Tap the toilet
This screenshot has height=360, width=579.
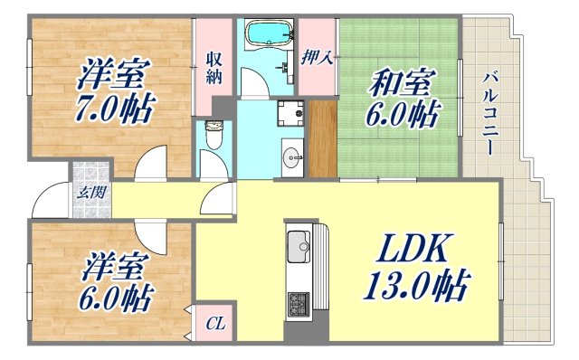214,135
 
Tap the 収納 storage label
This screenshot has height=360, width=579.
214,67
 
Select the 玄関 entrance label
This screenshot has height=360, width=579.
88,192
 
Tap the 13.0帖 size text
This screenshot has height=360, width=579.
416,287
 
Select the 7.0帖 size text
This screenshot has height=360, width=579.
113,109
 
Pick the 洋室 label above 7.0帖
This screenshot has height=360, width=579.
112,71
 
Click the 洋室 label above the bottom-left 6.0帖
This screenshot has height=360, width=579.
114,267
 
